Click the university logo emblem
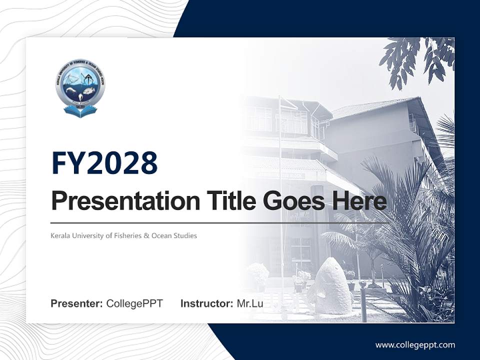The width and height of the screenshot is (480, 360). (80, 87)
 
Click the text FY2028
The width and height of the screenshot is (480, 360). (104, 163)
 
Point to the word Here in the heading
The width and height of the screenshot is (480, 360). (358, 201)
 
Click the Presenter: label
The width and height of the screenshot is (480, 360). (77, 303)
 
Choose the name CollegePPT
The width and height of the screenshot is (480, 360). (134, 303)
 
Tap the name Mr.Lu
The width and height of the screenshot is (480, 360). (250, 303)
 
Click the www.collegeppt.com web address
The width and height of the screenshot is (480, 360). (415, 344)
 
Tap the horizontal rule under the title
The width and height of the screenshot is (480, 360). (220, 222)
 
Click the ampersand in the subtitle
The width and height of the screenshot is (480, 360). (146, 235)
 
